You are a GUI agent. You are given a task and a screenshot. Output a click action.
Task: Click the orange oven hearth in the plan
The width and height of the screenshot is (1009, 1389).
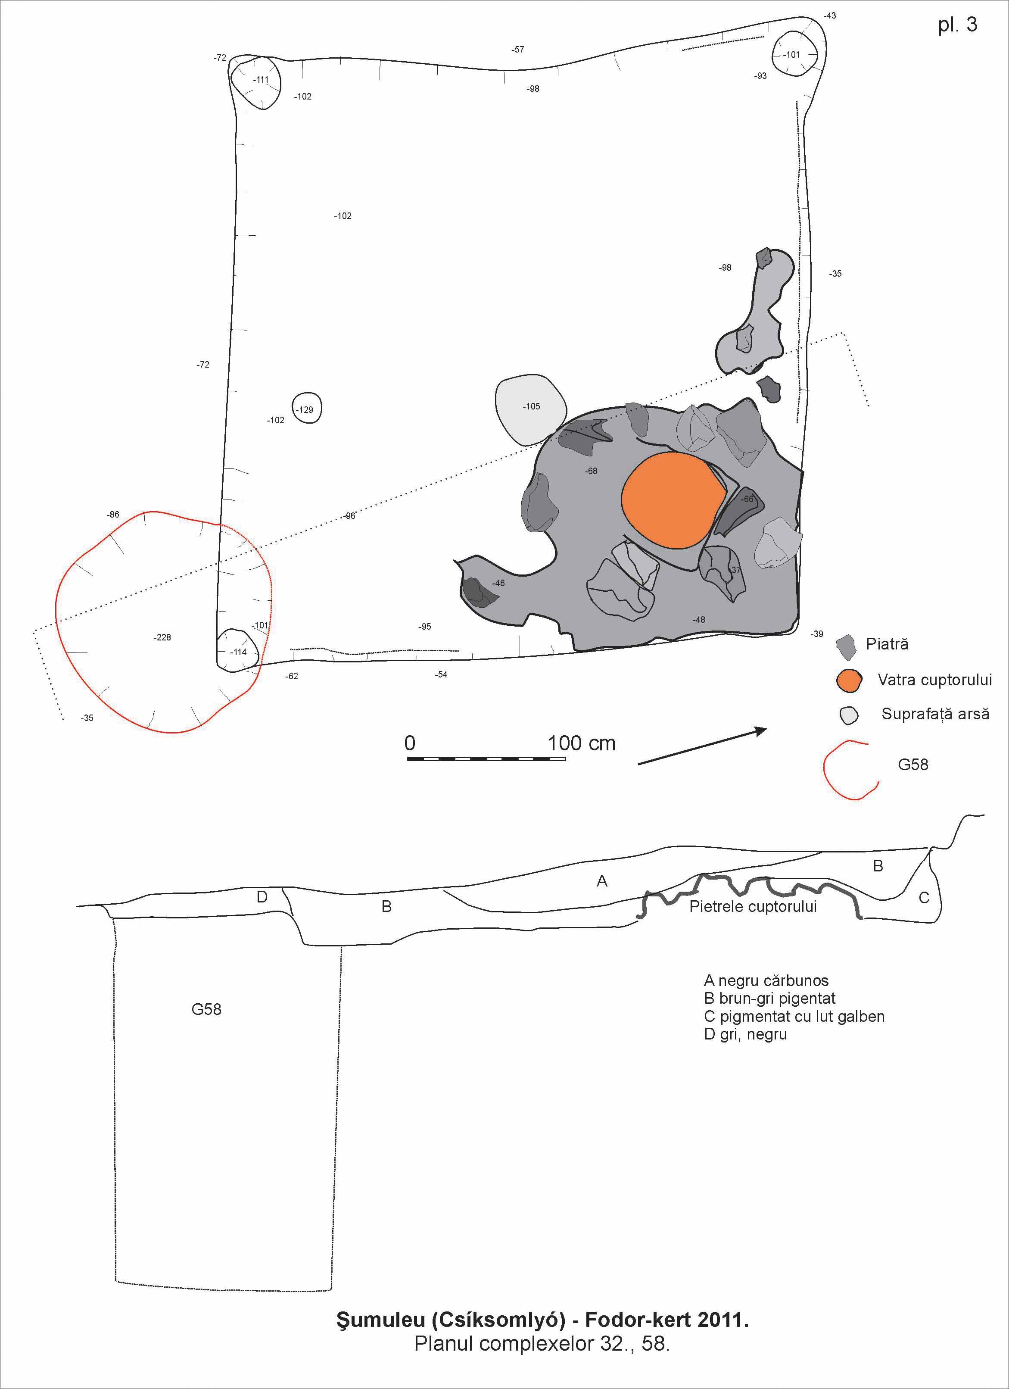[672, 500]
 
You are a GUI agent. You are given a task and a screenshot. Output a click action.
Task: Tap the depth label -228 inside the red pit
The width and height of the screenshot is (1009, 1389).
[162, 637]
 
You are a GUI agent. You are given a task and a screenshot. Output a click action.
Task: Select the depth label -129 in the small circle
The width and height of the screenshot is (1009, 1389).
[305, 410]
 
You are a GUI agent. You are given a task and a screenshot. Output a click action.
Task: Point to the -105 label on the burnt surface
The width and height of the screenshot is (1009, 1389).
[532, 406]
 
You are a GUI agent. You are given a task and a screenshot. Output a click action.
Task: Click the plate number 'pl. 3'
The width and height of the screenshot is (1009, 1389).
[958, 25]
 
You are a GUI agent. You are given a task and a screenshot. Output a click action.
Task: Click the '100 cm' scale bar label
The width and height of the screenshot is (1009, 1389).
[581, 743]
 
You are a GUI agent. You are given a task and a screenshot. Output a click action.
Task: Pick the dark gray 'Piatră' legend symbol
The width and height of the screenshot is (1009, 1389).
[846, 647]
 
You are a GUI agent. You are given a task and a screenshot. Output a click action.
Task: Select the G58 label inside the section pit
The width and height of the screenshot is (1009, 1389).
[206, 1009]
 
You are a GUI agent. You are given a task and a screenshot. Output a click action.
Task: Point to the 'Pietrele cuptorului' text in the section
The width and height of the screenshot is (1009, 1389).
[753, 906]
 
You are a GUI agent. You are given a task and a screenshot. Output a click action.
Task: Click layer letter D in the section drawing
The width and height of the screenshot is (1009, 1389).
[262, 897]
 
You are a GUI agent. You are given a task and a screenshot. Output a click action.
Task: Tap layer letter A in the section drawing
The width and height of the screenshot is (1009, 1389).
[602, 881]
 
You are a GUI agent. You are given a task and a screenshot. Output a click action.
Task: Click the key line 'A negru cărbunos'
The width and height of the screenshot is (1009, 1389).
[766, 980]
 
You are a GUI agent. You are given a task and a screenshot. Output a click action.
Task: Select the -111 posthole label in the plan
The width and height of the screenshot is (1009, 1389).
[262, 80]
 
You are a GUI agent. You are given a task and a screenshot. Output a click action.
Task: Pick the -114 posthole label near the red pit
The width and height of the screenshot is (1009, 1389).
[239, 652]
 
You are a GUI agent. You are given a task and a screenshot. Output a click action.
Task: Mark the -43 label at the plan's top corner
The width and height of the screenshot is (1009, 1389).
[830, 16]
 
